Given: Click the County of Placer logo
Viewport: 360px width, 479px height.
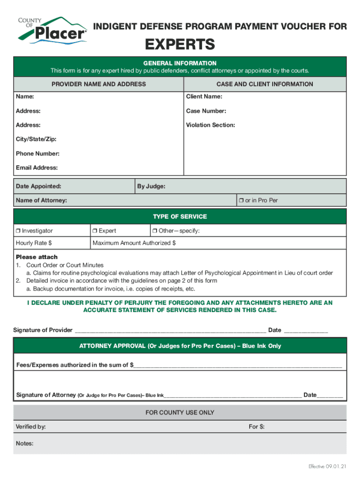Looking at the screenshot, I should [51, 30].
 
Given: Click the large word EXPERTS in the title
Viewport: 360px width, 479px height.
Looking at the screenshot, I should [180, 45].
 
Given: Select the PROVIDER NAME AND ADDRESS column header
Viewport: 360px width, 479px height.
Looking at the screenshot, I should [99, 84].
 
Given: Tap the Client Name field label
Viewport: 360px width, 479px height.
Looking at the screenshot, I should [204, 97].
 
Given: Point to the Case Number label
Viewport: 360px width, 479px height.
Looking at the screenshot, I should [206, 111].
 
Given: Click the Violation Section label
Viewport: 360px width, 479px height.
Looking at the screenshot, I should [210, 125].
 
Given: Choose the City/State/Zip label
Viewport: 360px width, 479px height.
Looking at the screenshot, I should [37, 139].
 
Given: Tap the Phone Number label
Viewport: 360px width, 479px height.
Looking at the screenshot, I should [37, 153].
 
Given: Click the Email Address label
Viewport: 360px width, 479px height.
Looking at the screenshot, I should [37, 167].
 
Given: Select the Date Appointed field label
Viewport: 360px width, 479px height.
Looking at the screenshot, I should [38, 186].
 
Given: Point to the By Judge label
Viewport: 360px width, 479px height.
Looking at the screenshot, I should [151, 186].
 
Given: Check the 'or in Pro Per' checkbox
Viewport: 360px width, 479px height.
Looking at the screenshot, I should [241, 201].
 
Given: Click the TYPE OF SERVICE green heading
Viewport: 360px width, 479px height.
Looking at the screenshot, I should [180, 217].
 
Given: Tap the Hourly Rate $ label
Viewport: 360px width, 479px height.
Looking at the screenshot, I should [34, 243].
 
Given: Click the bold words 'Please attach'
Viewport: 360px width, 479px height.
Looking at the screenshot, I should [36, 257].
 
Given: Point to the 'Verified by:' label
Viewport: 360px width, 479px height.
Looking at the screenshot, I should [31, 427].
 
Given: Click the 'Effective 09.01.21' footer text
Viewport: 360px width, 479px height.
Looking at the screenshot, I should [327, 466].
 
